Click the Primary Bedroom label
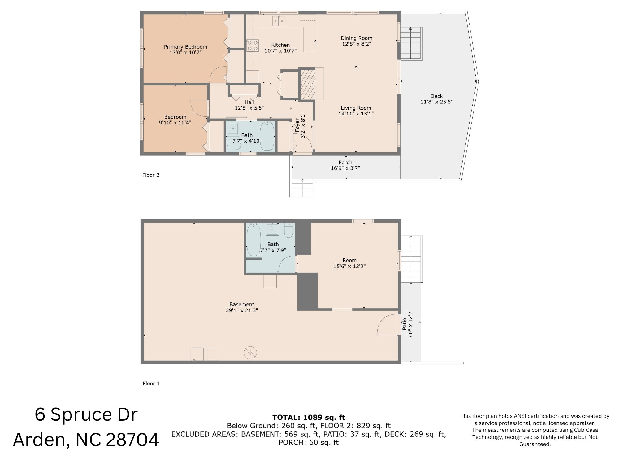pos(185,47)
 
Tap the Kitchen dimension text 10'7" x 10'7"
pos(280,51)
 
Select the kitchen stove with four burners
pos(253,46)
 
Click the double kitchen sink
pos(279,21)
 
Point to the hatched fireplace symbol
pos(307,84)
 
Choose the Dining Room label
pos(357,38)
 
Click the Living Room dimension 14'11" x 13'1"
pos(356,114)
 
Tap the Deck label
pos(436,96)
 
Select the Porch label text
pos(345,163)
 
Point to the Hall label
pos(249,102)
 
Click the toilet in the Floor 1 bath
pos(289,230)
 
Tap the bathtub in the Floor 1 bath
pos(254,240)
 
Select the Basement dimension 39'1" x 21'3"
pos(242,310)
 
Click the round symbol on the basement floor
pos(250,353)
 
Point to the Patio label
pos(404,324)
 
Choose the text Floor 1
pos(151,384)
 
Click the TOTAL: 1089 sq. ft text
pos(309,417)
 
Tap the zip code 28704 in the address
pos(132,440)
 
